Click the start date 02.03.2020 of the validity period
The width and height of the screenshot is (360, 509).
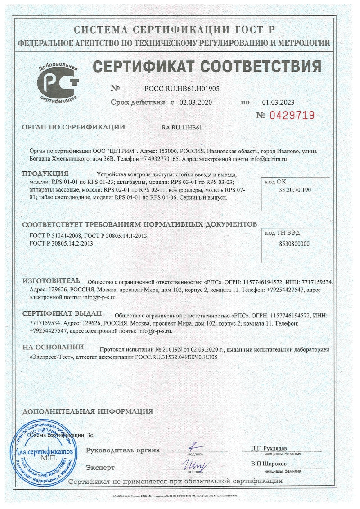(196, 102)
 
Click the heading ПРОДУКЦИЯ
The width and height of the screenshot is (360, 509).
(45, 174)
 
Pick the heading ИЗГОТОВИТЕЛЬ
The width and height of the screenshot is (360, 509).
(52, 281)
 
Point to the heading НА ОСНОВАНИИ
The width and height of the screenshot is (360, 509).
(53, 347)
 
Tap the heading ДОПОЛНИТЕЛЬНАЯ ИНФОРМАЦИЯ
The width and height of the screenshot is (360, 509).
(88, 411)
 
